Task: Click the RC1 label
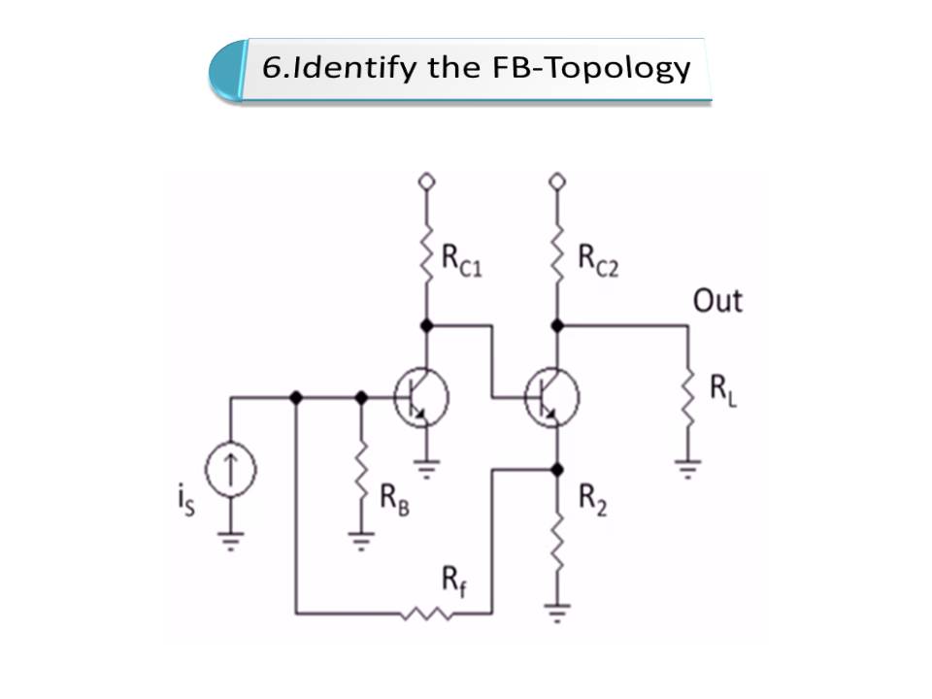(462, 258)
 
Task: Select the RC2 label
(597, 258)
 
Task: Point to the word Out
(717, 301)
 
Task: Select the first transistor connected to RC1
(421, 397)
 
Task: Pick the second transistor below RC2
(551, 397)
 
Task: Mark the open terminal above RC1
(425, 182)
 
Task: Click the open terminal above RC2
(557, 182)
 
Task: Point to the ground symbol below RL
(687, 471)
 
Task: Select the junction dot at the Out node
(557, 325)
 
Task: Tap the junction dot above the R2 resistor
(557, 470)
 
